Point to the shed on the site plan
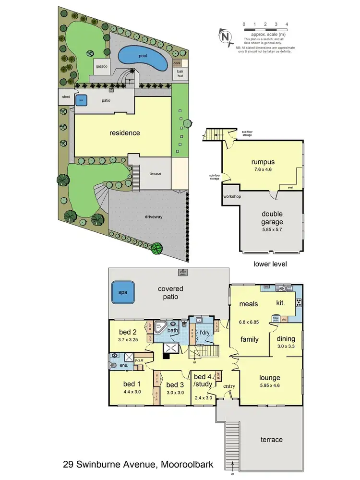[x=65, y=97]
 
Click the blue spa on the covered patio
[x=123, y=294]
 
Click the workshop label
[x=231, y=197]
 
